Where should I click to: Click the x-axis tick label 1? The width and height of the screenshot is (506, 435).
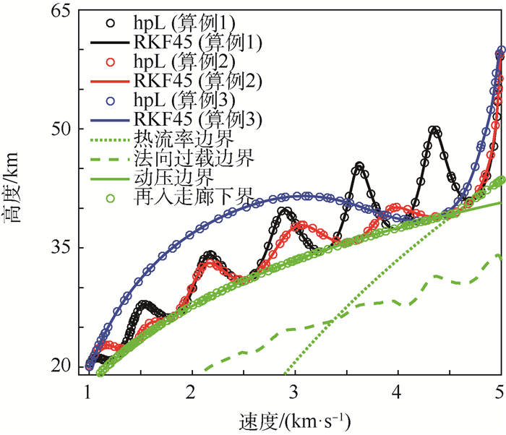(x=87, y=392)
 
